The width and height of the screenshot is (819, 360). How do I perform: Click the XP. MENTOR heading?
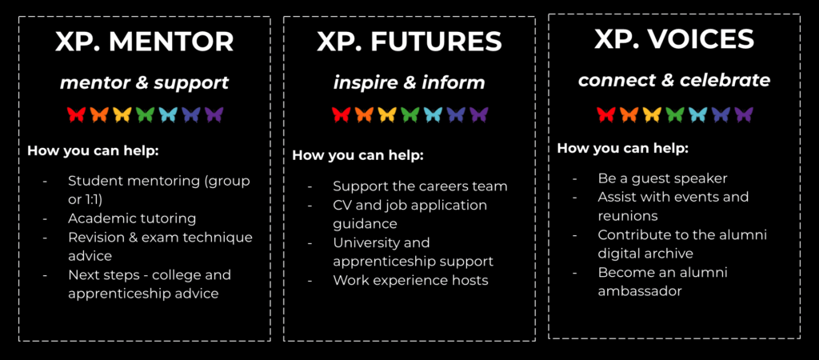(x=144, y=42)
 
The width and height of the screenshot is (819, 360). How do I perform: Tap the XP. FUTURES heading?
(x=409, y=42)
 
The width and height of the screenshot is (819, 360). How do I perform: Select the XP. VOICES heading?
(x=673, y=40)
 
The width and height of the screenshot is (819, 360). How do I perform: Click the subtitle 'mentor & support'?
(x=144, y=82)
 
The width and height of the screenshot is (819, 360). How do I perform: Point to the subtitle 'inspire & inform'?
(x=409, y=82)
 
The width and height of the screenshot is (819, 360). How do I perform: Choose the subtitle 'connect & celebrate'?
(x=673, y=80)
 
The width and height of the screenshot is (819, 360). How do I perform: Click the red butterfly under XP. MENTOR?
(x=76, y=114)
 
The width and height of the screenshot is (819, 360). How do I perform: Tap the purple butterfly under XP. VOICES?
(x=744, y=114)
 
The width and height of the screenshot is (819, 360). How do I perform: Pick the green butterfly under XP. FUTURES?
(x=410, y=114)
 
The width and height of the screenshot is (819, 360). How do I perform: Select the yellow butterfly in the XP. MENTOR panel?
(x=122, y=114)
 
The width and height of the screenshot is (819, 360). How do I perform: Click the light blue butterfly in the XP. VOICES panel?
(x=697, y=114)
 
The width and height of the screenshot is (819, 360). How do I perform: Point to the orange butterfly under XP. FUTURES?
(x=364, y=114)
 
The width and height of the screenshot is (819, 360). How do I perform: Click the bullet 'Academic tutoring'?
(x=132, y=218)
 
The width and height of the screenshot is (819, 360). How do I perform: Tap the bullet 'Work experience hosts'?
(x=410, y=281)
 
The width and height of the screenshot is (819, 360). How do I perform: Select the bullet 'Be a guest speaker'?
(x=663, y=178)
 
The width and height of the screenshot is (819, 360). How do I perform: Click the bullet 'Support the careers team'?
(x=421, y=186)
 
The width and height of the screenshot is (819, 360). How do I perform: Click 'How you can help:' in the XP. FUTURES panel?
(x=358, y=156)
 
